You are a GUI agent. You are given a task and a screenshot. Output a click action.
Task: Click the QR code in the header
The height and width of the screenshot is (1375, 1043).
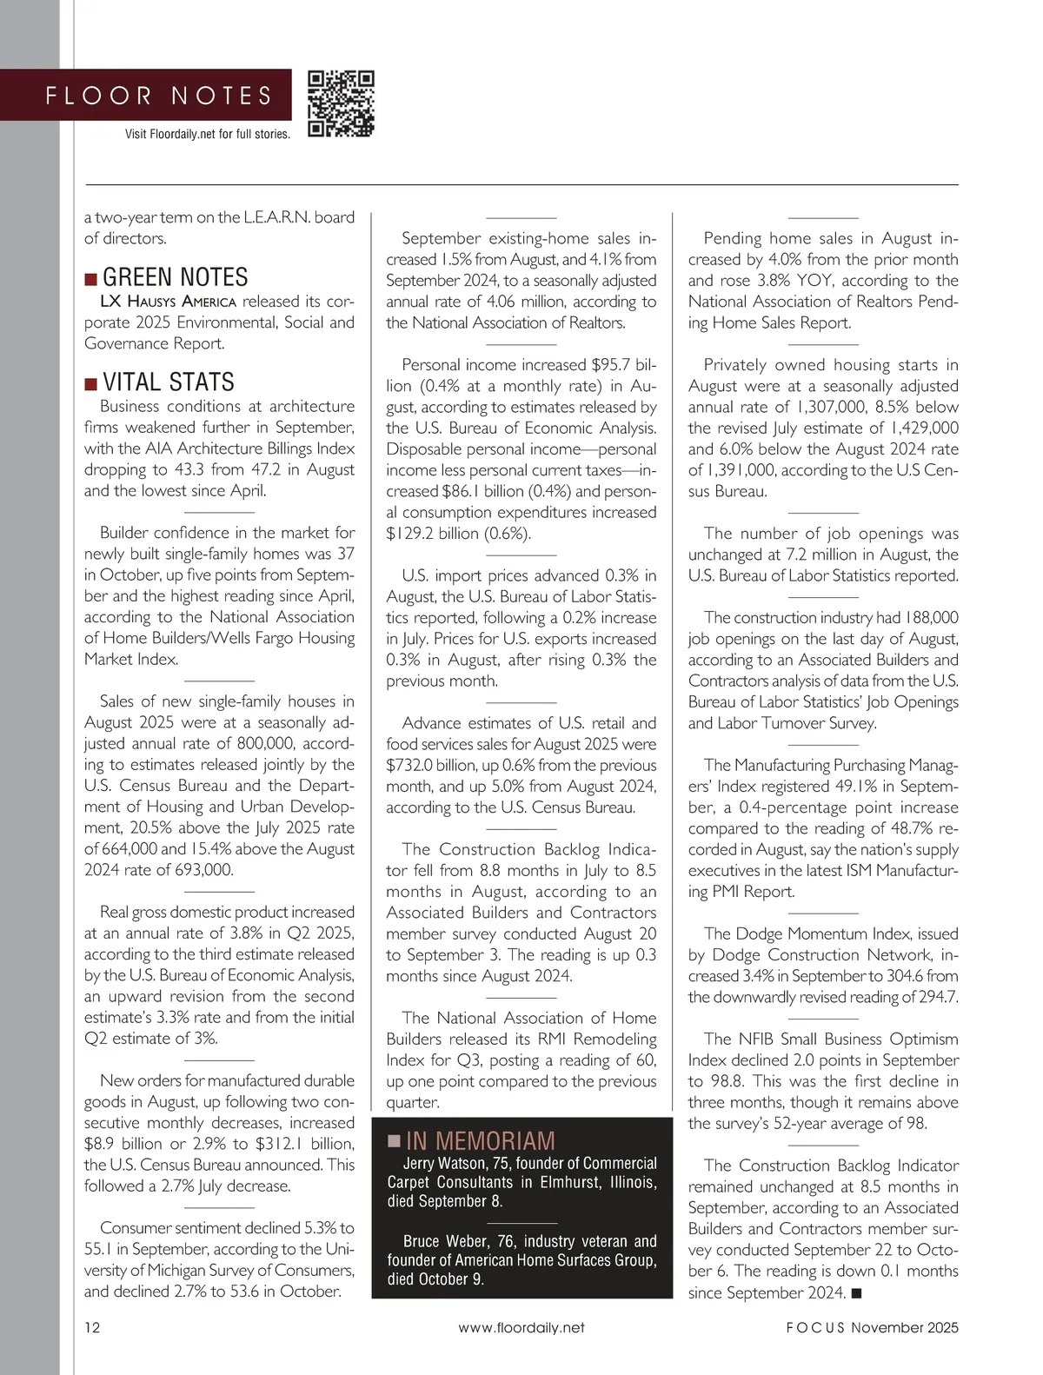pyautogui.click(x=341, y=103)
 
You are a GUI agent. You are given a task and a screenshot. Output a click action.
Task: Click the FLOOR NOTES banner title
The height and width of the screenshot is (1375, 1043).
pyautogui.click(x=159, y=96)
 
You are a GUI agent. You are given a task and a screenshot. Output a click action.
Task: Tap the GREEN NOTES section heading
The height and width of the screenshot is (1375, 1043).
pyautogui.click(x=175, y=278)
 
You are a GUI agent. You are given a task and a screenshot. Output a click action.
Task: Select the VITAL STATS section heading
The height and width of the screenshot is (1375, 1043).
pyautogui.click(x=168, y=382)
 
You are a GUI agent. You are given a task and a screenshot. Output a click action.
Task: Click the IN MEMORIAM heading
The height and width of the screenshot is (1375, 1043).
pyautogui.click(x=480, y=1141)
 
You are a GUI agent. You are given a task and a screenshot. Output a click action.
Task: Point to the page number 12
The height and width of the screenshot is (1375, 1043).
pyautogui.click(x=92, y=1327)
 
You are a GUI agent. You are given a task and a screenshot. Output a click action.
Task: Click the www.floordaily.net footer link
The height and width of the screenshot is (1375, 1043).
pyautogui.click(x=521, y=1327)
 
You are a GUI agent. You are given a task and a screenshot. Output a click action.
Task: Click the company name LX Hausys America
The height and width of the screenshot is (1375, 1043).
pyautogui.click(x=168, y=302)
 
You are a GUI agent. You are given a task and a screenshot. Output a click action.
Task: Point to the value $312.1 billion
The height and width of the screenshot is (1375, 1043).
pyautogui.click(x=305, y=1144)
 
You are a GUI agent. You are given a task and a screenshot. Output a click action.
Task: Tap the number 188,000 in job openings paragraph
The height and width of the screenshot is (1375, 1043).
pyautogui.click(x=931, y=617)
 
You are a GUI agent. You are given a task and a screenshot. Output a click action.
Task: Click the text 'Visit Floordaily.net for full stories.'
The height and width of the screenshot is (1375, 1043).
pyautogui.click(x=208, y=134)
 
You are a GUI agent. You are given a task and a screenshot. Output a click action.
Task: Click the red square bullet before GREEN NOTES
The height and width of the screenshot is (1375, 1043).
pyautogui.click(x=90, y=279)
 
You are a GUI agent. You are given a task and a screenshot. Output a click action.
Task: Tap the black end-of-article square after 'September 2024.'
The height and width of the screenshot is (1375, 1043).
pyautogui.click(x=856, y=1293)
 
